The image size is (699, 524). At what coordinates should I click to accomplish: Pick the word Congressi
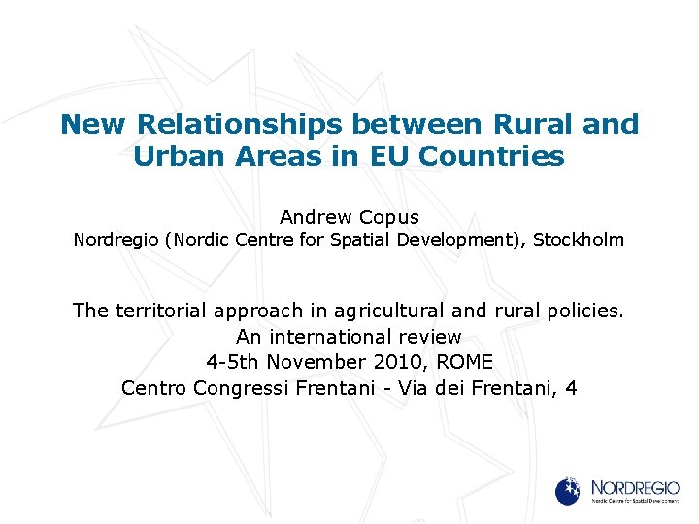(239, 388)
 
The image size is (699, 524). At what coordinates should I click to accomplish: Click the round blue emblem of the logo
(568, 490)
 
